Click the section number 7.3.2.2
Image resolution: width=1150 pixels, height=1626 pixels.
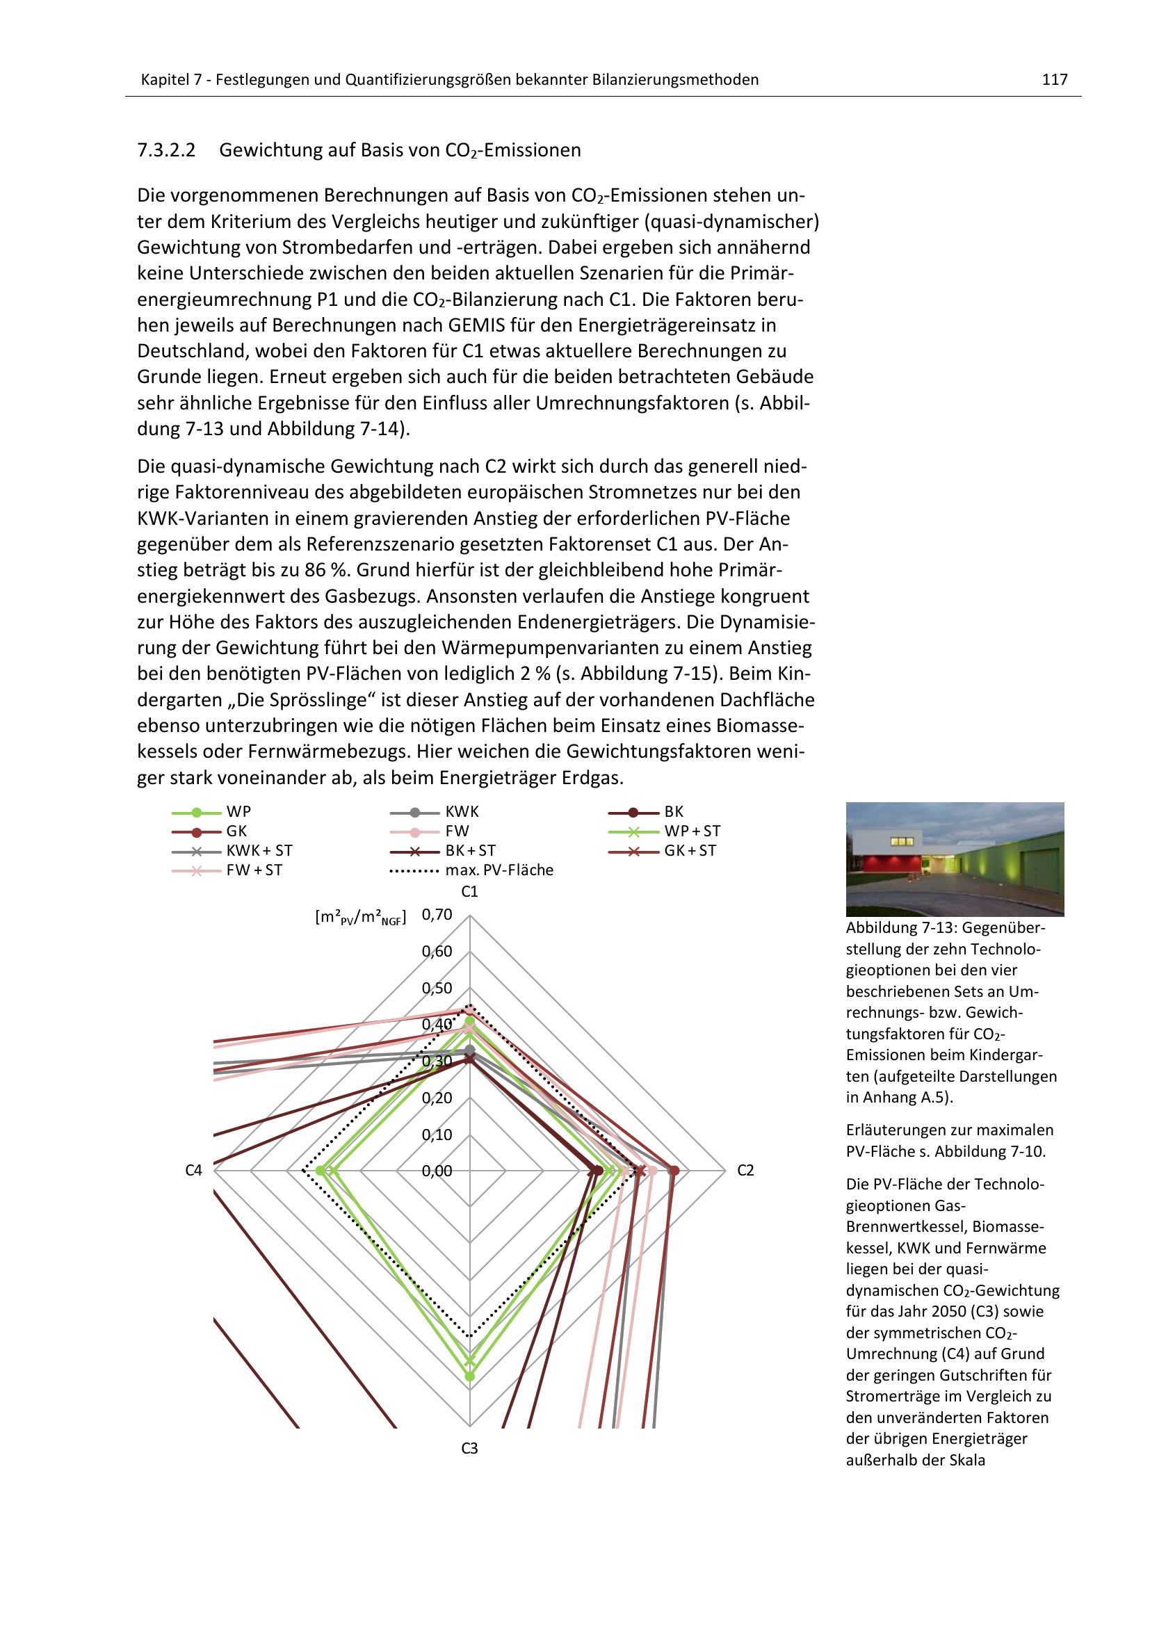(x=166, y=150)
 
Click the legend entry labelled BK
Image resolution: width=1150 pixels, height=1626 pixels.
(x=674, y=811)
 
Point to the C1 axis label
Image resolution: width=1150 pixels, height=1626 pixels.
(x=469, y=892)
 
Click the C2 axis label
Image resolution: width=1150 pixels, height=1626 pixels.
(x=745, y=1170)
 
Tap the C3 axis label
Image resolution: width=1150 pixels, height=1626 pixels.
(x=469, y=1448)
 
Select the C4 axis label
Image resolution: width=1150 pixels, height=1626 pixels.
(x=193, y=1170)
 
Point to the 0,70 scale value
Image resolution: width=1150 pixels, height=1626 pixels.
(x=437, y=914)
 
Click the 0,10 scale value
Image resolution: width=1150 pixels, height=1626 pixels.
(x=437, y=1135)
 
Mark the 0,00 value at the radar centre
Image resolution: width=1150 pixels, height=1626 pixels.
(x=437, y=1171)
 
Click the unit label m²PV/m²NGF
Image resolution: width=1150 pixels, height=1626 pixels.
(x=360, y=917)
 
